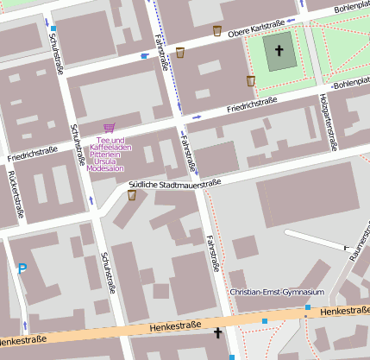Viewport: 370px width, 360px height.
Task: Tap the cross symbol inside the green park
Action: click(x=279, y=51)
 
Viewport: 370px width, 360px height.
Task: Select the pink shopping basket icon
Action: click(x=109, y=128)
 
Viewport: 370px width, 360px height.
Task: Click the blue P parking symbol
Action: click(x=22, y=269)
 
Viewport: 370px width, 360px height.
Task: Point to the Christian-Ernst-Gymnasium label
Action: click(x=277, y=292)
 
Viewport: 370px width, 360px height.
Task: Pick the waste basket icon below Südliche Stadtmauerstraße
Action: click(x=132, y=196)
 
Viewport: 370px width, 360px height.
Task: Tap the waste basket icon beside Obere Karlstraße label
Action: click(x=217, y=31)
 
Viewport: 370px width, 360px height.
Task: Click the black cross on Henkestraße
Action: click(x=217, y=332)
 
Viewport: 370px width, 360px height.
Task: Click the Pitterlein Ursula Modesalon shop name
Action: click(x=106, y=162)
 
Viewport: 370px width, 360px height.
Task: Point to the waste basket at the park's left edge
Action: click(x=251, y=81)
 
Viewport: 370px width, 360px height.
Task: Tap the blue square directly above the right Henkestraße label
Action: click(x=308, y=306)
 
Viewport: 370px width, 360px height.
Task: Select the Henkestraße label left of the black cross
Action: click(x=173, y=325)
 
